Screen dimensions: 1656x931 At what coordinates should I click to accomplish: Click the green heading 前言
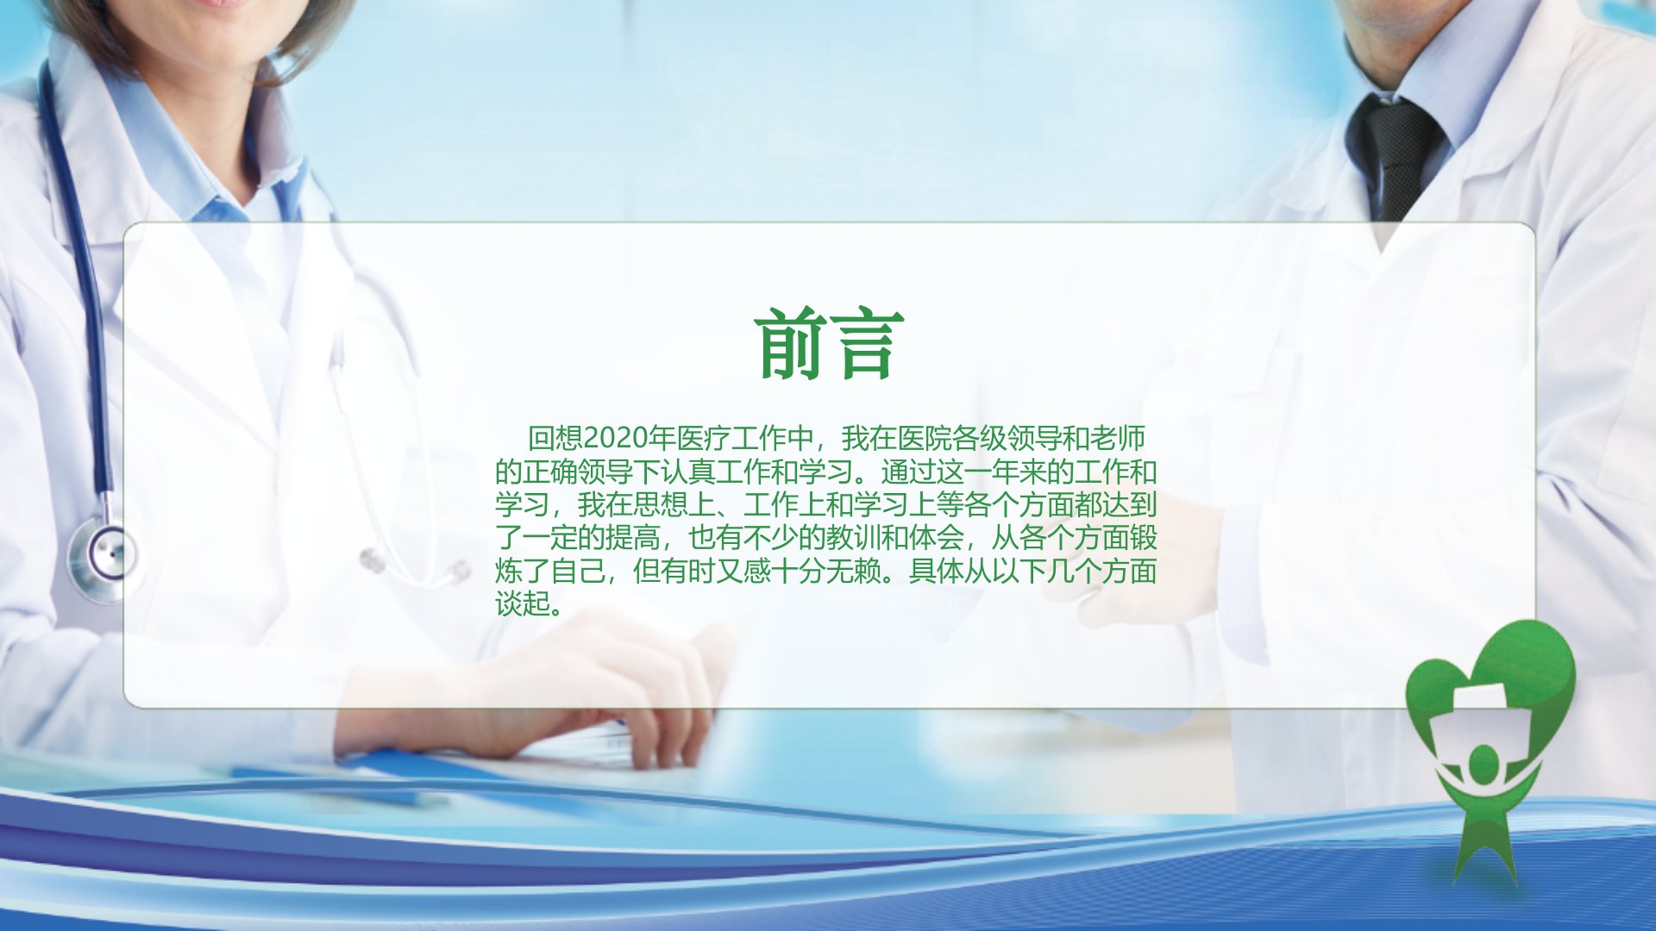point(829,345)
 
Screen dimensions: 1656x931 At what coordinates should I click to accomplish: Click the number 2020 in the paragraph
point(616,439)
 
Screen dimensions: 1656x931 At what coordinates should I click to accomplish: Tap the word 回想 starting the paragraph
point(555,439)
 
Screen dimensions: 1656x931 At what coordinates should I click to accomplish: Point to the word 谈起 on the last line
point(523,603)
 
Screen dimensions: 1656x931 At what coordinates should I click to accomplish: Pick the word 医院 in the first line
point(925,439)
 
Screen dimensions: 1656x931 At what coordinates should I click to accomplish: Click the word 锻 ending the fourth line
point(1144,538)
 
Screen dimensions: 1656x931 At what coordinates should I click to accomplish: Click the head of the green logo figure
point(1483,765)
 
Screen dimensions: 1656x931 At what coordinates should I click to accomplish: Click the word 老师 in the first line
point(1118,439)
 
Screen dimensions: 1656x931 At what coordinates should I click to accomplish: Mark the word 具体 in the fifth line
point(937,571)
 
